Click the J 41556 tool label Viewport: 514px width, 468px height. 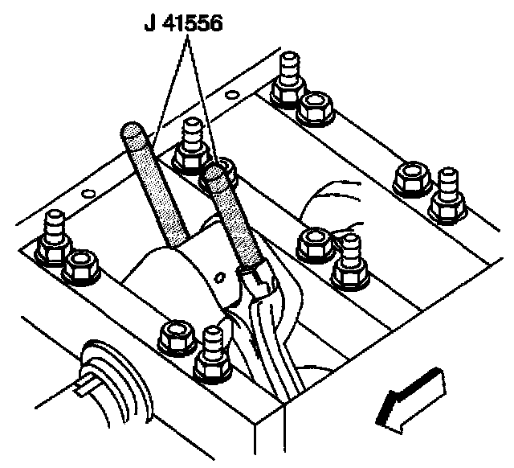click(184, 23)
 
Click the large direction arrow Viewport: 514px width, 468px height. click(410, 400)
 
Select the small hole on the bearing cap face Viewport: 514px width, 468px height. click(219, 277)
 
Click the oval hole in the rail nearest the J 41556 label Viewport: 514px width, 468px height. click(232, 95)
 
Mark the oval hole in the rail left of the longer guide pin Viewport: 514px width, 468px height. click(88, 193)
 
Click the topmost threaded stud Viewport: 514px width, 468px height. click(288, 80)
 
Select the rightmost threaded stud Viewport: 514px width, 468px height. click(448, 196)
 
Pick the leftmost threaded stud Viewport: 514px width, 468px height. click(54, 237)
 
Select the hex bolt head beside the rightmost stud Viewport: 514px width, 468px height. click(412, 179)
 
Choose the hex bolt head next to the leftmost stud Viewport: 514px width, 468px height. click(81, 267)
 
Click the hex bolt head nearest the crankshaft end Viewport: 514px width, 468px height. click(177, 338)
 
